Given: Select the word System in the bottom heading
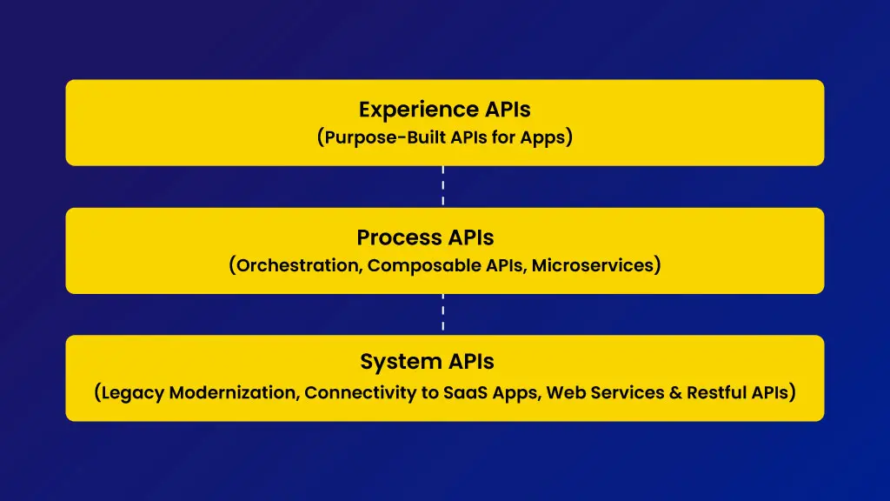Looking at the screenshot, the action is (x=401, y=362).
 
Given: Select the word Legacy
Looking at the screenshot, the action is (x=133, y=392).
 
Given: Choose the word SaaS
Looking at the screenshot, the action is (x=465, y=392).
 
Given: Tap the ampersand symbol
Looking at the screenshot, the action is (x=675, y=392).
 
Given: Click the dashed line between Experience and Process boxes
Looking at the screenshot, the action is (x=442, y=186).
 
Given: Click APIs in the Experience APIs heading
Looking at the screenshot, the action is (x=508, y=110).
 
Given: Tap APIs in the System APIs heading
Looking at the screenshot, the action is (x=470, y=361).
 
